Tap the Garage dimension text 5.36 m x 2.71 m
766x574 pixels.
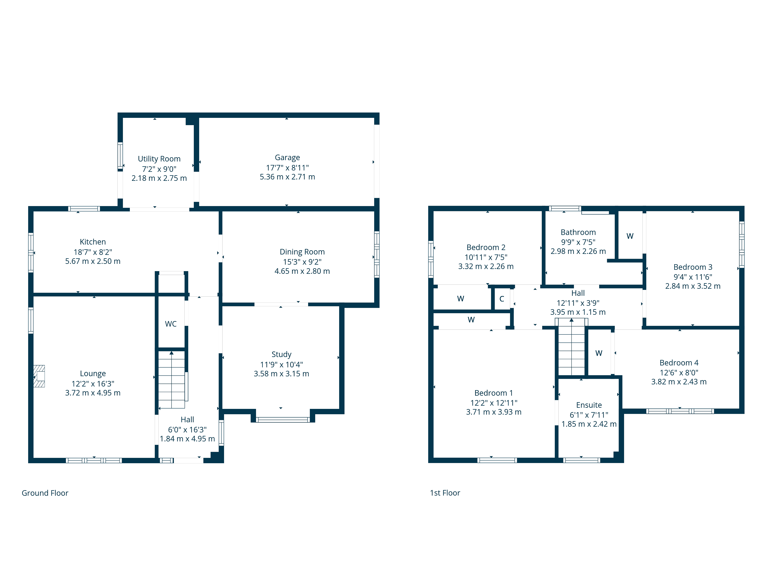click(287, 177)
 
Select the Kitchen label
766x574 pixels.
click(93, 242)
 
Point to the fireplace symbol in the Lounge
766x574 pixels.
click(39, 376)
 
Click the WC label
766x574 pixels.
click(171, 324)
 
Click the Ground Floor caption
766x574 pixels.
click(45, 493)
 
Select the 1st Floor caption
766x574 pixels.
click(445, 493)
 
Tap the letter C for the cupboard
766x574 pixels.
click(502, 299)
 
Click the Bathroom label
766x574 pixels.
click(578, 232)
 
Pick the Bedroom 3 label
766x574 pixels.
click(693, 267)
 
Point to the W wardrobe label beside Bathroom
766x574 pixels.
click(630, 236)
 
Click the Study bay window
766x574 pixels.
click(283, 420)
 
